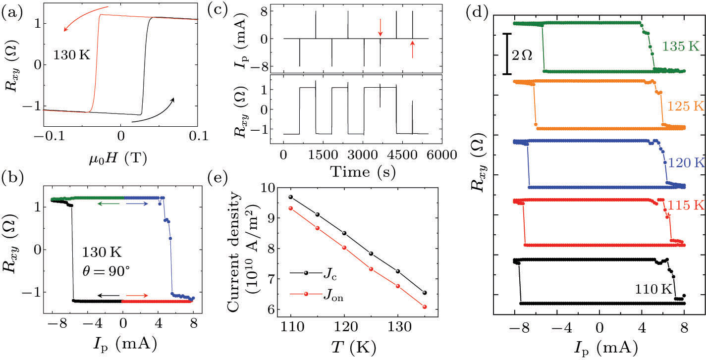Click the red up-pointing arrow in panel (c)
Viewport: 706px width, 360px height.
tap(412, 50)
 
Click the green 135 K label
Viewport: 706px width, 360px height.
tap(681, 47)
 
